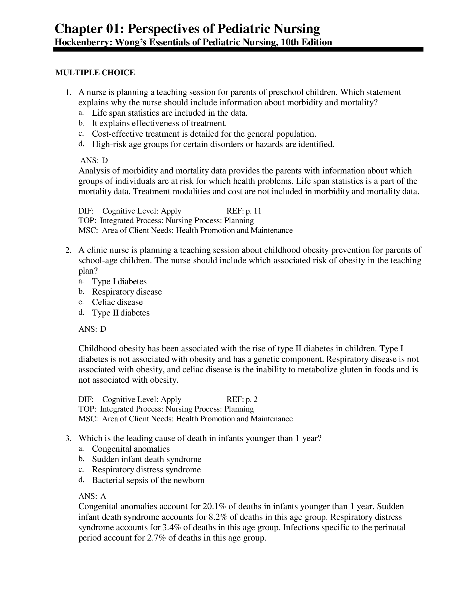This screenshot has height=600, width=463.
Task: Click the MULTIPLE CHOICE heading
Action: coord(95,73)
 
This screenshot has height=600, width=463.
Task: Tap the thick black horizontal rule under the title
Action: coord(238,49)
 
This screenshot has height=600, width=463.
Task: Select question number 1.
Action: coord(68,92)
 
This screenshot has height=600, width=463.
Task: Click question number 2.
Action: coord(68,250)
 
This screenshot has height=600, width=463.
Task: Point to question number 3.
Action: coord(68,439)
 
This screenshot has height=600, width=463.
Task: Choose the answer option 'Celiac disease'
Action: coord(117,302)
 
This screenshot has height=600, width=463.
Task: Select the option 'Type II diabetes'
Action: coord(121,313)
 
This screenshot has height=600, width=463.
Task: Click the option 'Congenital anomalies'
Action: coord(131,449)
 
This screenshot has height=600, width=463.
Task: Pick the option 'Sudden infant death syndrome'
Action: coord(147,459)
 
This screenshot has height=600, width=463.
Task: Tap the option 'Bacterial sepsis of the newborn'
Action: coord(148,480)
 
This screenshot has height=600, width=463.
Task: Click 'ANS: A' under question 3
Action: coord(92,496)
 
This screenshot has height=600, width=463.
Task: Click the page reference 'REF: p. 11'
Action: coord(244,211)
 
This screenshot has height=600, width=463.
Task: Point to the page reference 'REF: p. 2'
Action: coord(242,400)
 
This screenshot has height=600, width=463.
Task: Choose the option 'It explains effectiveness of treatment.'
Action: coord(159,123)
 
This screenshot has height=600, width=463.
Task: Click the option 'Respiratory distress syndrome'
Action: coord(147,470)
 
